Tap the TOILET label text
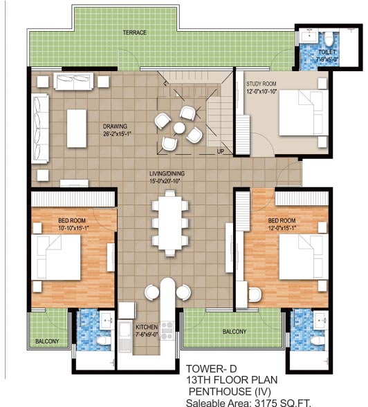[x=327, y=53]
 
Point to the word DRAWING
[x=116, y=126]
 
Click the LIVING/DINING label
[x=171, y=173]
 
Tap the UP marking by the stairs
[x=220, y=151]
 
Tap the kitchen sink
[x=125, y=337]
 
